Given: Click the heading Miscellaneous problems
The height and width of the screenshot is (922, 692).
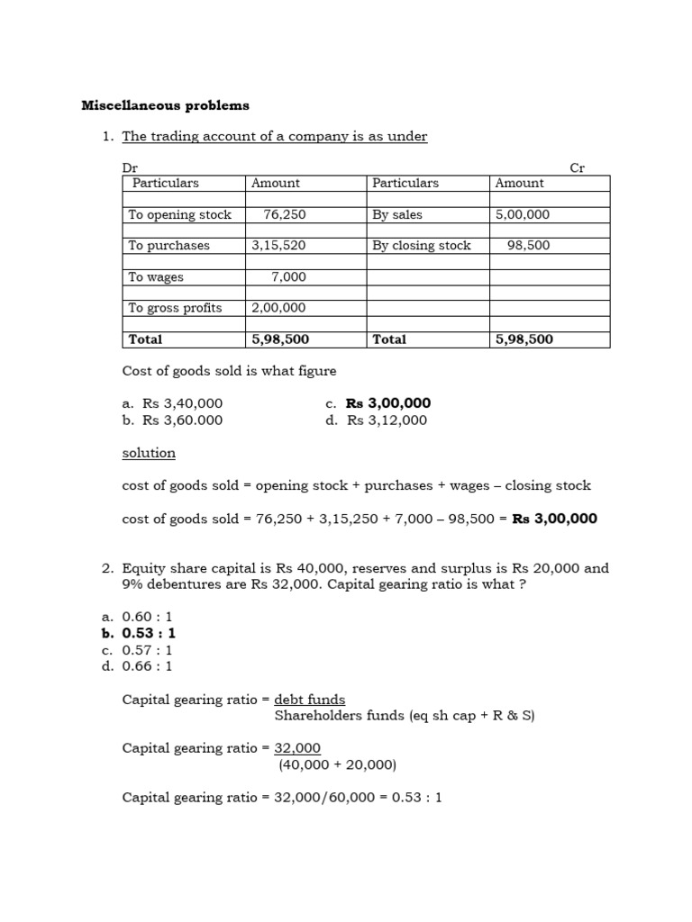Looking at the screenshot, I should tap(165, 105).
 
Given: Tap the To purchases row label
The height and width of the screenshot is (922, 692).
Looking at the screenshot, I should tap(168, 246).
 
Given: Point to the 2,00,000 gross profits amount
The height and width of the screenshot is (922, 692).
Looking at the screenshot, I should tap(278, 308).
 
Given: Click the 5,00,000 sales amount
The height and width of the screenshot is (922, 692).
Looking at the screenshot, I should tap(523, 214).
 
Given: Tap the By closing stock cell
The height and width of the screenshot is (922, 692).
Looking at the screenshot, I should tap(422, 246).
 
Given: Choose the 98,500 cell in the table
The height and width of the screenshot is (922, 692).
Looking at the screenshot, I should tap(529, 246).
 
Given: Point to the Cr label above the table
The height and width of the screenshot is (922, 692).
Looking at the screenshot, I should tap(578, 167).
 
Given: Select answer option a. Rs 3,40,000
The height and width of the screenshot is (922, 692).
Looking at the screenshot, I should tap(172, 403).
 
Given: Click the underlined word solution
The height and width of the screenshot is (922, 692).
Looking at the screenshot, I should tap(149, 453).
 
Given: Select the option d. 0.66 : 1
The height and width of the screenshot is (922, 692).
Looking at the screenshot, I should tap(137, 666).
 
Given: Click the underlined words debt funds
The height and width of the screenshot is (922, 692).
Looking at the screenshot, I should tap(309, 700).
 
